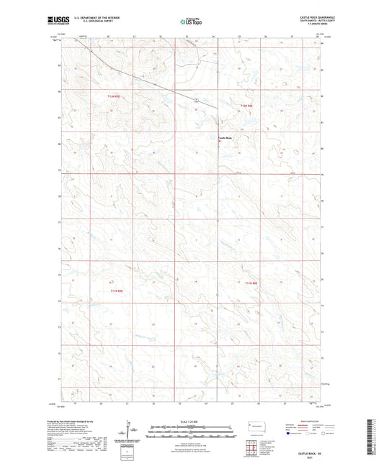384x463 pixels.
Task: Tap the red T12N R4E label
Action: (247, 106)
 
